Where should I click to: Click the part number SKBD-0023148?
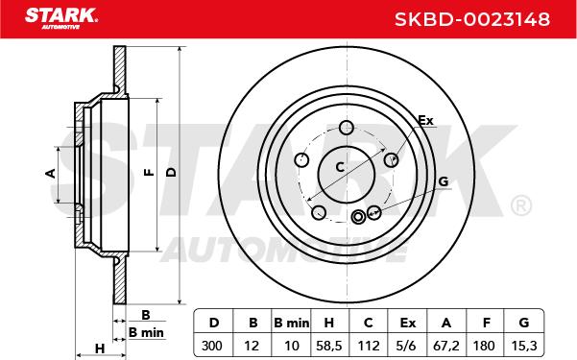click(472, 19)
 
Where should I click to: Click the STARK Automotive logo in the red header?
click(61, 18)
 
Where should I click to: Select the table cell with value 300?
click(212, 346)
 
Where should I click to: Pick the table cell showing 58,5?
click(329, 346)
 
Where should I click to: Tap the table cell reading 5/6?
click(407, 346)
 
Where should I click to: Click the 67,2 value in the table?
click(446, 346)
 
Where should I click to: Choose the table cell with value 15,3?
click(524, 346)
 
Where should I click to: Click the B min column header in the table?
click(292, 323)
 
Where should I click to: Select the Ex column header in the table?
click(408, 323)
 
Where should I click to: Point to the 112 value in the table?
click(369, 346)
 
